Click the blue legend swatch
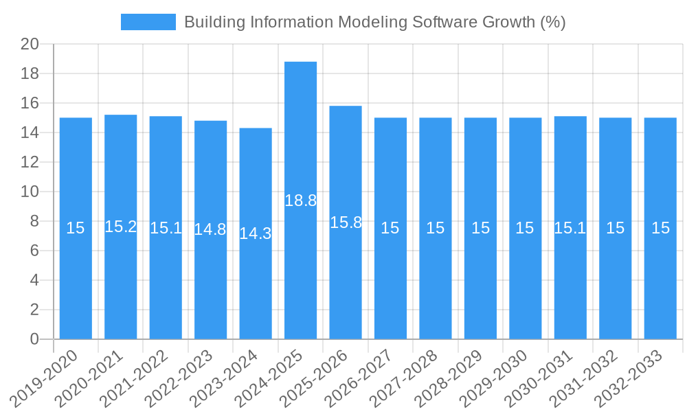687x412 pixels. click(148, 22)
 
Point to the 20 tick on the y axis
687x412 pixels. click(30, 45)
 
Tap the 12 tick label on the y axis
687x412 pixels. click(30, 162)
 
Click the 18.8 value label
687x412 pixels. click(301, 201)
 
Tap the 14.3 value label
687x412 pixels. click(256, 233)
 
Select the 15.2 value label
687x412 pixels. click(121, 227)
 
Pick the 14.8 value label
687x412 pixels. click(210, 229)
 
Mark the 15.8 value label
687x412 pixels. click(346, 222)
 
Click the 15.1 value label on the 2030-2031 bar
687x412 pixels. click(570, 228)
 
